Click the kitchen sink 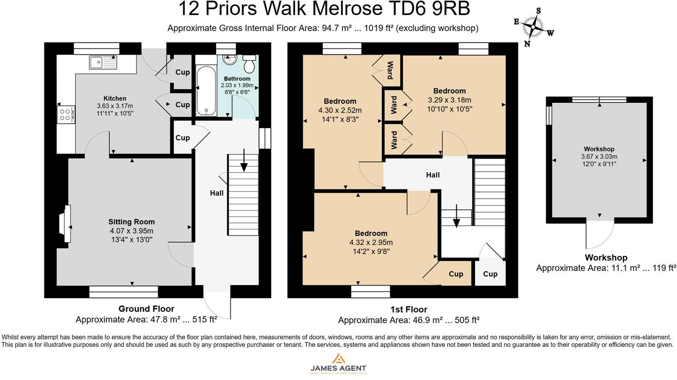[x=103, y=63]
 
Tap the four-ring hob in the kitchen [x=66, y=115]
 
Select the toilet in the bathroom [x=249, y=64]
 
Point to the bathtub [x=206, y=90]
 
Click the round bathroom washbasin [x=230, y=59]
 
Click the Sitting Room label [x=132, y=222]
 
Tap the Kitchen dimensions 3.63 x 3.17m [x=115, y=106]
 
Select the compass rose [x=533, y=27]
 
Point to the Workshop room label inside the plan [x=599, y=149]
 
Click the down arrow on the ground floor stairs [x=244, y=161]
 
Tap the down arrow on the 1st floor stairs [x=456, y=216]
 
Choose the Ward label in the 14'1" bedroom [x=390, y=70]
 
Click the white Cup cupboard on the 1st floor [x=490, y=272]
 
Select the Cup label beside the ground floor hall [x=183, y=137]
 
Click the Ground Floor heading [x=146, y=309]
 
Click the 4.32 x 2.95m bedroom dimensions [x=371, y=243]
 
